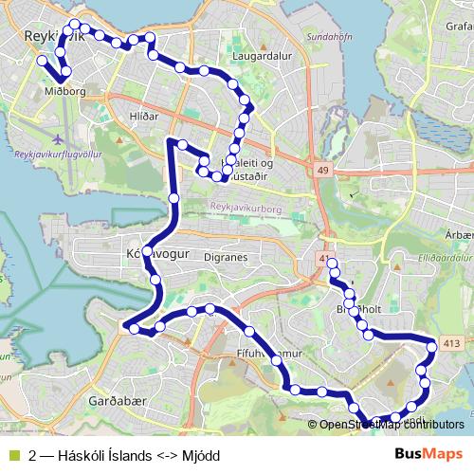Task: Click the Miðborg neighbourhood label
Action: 65,92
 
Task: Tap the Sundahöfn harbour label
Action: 324,37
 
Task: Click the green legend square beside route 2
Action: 12,456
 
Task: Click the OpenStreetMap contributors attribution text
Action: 392,425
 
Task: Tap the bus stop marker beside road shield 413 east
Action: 431,347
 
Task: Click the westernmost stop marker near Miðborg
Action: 42,61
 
